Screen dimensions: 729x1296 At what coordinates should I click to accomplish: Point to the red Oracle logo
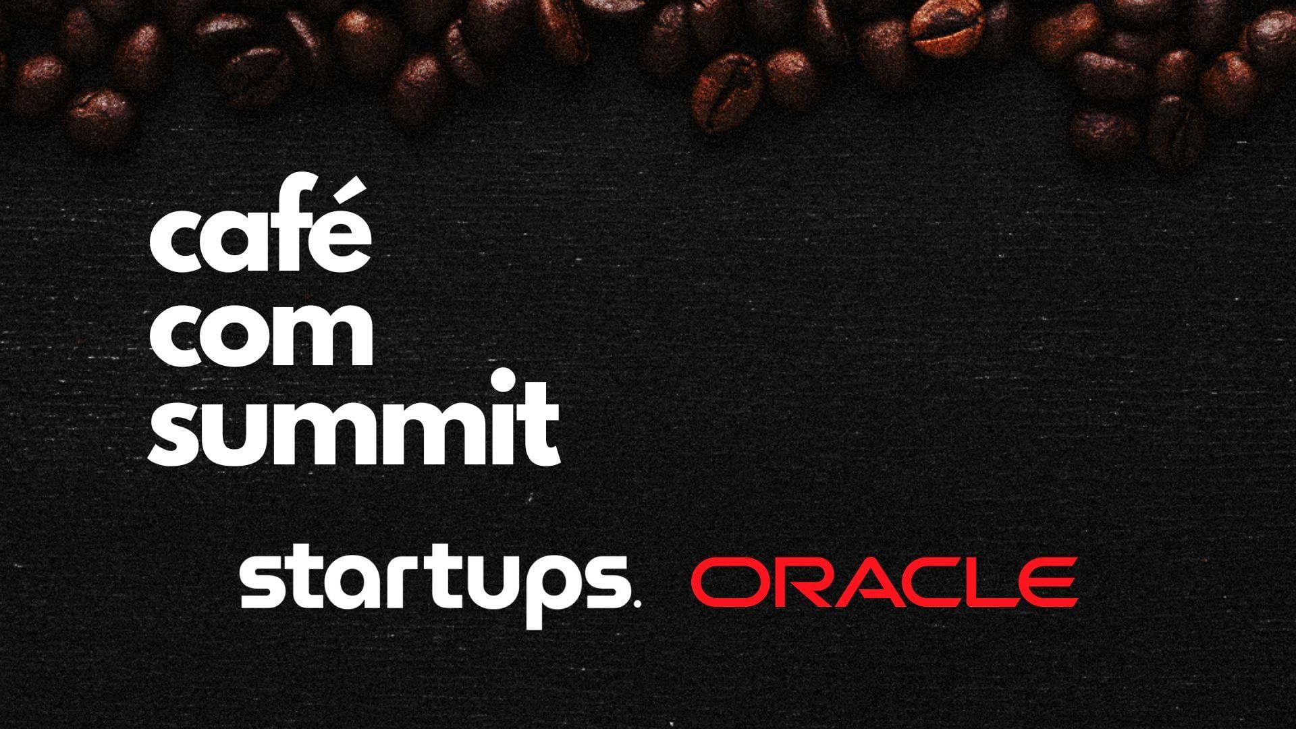pos(884,582)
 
